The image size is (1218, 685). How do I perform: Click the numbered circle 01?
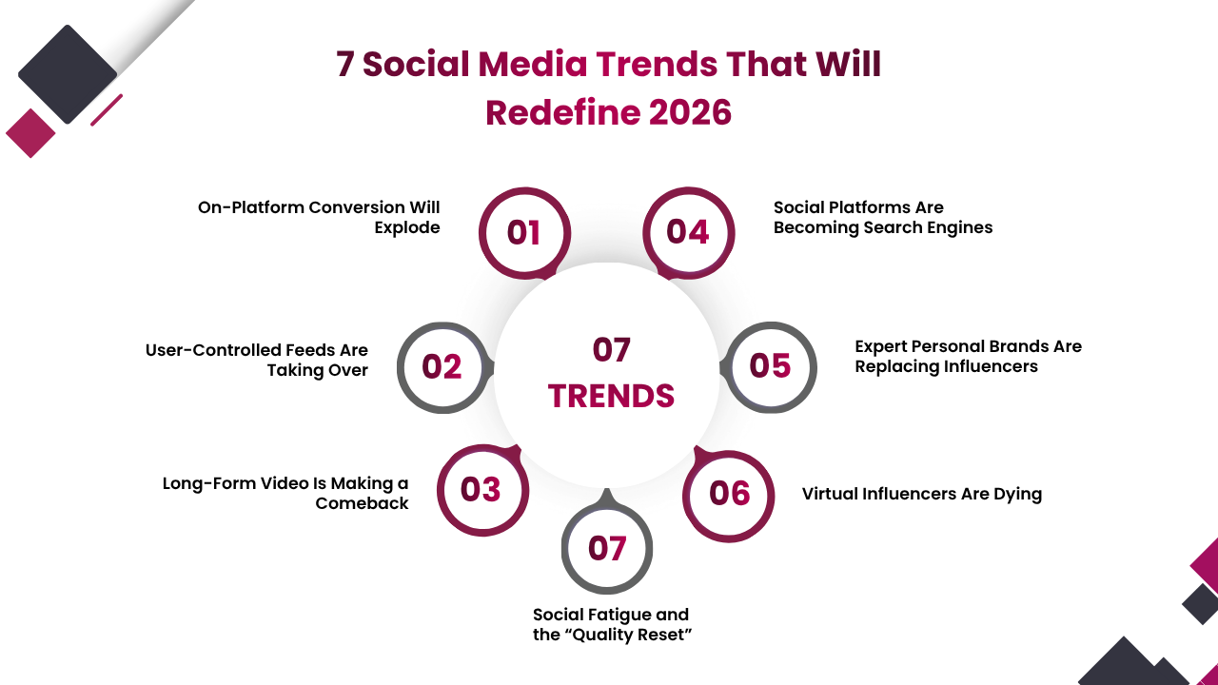pos(523,233)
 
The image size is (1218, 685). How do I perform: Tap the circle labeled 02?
pos(442,367)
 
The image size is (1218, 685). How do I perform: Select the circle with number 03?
pos(481,490)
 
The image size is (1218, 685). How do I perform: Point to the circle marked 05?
pos(771,366)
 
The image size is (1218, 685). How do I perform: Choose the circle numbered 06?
pos(730,494)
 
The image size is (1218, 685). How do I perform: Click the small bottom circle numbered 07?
pos(607,549)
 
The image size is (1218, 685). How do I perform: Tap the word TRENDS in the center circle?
pos(611,396)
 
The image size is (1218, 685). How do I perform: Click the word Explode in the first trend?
pos(407,227)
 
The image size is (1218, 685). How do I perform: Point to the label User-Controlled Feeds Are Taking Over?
pos(257,360)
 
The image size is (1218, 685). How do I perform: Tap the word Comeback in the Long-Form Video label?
pos(363,503)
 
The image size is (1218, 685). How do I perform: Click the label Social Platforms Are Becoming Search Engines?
pos(882,217)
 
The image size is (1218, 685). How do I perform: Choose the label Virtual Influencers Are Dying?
pos(921,494)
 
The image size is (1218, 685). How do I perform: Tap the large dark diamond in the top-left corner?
pos(67,74)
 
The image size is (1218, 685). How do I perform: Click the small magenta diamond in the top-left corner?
pos(30,133)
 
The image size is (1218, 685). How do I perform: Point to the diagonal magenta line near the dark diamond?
pos(107,109)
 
